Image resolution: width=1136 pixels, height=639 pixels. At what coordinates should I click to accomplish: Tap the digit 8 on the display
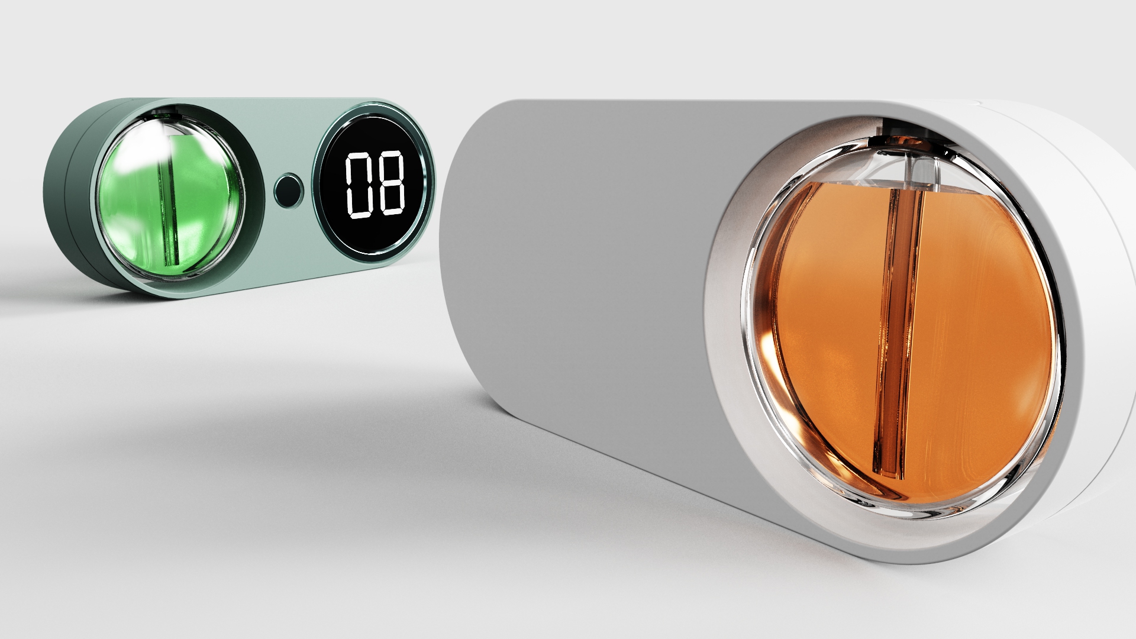[392, 185]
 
